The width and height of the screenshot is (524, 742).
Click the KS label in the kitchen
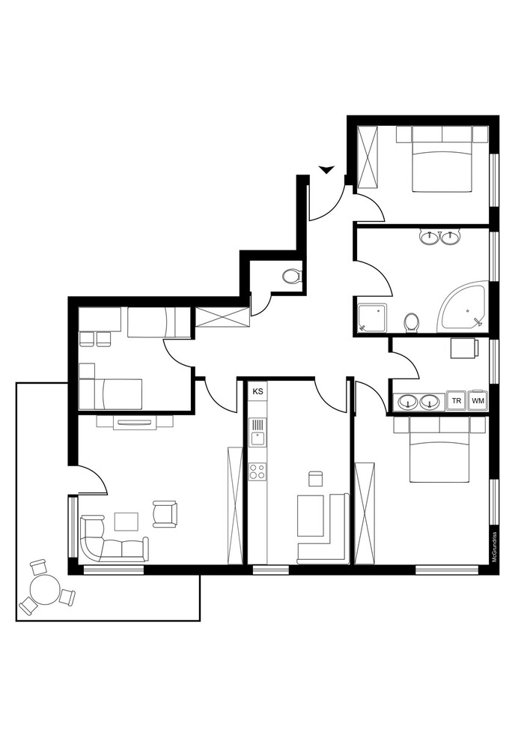(258, 391)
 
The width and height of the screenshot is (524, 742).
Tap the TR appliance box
(457, 401)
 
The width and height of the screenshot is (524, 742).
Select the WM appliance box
(478, 401)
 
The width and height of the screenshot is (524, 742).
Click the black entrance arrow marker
(326, 169)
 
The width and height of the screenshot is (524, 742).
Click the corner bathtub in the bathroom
(464, 307)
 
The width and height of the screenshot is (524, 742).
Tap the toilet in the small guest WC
(291, 276)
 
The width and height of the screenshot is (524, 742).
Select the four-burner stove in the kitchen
(258, 471)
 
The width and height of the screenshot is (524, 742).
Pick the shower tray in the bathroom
(372, 318)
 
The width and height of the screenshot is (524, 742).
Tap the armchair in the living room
(165, 514)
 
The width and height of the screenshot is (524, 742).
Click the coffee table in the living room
(127, 522)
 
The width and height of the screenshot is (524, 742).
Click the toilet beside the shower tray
(411, 323)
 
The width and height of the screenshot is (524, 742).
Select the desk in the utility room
(464, 349)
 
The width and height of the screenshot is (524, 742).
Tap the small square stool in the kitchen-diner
(315, 478)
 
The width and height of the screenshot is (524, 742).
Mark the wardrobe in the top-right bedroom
(368, 157)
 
